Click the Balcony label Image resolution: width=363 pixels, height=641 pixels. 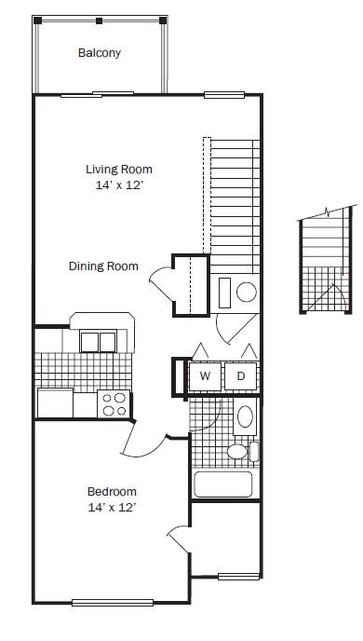click(x=100, y=53)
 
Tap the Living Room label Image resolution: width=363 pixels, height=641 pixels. click(x=119, y=170)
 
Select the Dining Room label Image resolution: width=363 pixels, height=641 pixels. click(x=103, y=266)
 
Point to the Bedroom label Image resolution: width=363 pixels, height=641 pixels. click(x=112, y=491)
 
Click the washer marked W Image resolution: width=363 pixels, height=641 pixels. click(x=205, y=376)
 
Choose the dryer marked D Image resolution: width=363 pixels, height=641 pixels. click(x=240, y=376)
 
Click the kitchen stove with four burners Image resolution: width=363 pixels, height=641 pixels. click(x=114, y=403)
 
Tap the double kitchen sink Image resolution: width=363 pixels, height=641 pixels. click(x=98, y=342)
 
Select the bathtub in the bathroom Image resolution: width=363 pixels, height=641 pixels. click(x=223, y=484)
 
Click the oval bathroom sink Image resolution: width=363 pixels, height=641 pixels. click(x=245, y=416)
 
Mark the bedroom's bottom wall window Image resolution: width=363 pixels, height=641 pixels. click(x=113, y=603)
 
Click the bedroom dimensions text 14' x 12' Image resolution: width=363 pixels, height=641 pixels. click(x=112, y=508)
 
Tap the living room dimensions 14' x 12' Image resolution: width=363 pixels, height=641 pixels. click(x=119, y=185)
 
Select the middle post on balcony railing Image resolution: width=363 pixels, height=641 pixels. click(x=99, y=20)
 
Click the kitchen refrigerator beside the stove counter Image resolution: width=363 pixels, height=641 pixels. click(x=55, y=402)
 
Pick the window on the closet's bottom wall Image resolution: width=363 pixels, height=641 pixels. click(x=238, y=577)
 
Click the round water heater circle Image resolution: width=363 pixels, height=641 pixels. click(x=247, y=293)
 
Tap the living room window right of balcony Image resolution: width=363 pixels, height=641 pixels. click(x=224, y=95)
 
